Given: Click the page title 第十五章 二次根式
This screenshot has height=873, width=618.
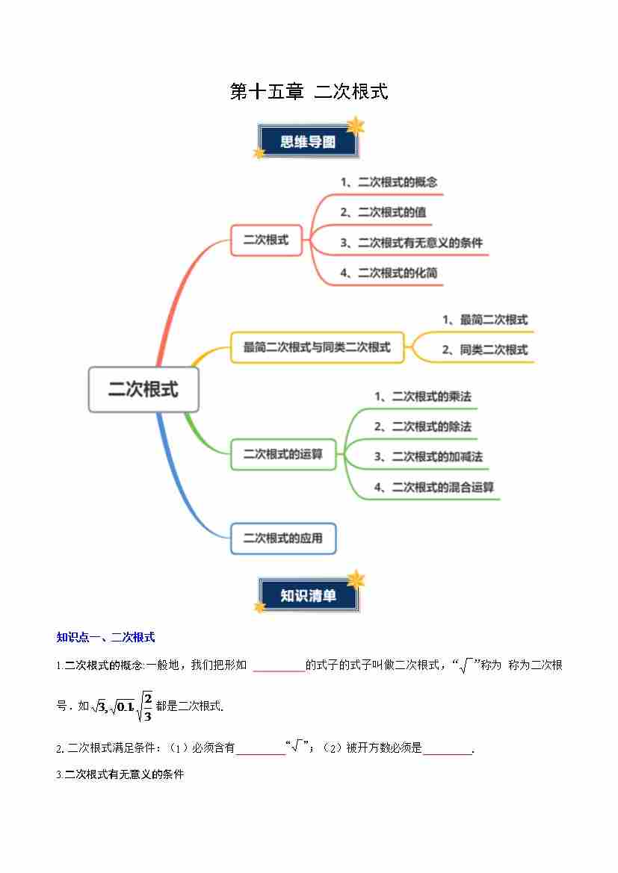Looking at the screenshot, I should pyautogui.click(x=309, y=92).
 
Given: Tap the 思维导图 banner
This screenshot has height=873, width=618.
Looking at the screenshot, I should pyautogui.click(x=308, y=142).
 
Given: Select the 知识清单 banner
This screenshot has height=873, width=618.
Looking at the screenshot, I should pyautogui.click(x=308, y=595).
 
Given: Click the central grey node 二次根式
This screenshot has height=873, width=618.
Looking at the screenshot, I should pyautogui.click(x=143, y=389).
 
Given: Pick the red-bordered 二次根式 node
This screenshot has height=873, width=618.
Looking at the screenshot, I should pyautogui.click(x=266, y=240).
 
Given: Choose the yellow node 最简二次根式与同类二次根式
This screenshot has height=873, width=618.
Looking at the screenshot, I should pyautogui.click(x=317, y=347).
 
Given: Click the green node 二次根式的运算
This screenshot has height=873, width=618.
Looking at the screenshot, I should pyautogui.click(x=283, y=454).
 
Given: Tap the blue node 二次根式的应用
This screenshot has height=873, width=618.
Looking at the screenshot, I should pyautogui.click(x=283, y=538).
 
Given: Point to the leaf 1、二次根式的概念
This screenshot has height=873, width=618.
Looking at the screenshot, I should pyautogui.click(x=389, y=182).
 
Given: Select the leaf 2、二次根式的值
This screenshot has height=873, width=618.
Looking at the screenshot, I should pyautogui.click(x=383, y=212).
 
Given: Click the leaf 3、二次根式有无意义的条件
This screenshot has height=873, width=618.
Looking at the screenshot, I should pyautogui.click(x=411, y=243).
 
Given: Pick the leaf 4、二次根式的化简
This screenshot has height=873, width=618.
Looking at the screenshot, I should pyautogui.click(x=389, y=273).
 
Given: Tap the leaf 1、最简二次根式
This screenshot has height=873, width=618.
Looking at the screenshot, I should pyautogui.click(x=484, y=320).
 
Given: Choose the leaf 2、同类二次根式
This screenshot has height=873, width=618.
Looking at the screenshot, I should pyautogui.click(x=484, y=349).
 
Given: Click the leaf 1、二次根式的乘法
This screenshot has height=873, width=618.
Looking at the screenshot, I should pyautogui.click(x=423, y=397).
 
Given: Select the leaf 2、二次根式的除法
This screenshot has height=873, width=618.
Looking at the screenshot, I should pyautogui.click(x=423, y=426).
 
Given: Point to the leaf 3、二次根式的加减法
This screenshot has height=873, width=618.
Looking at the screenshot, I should pyautogui.click(x=428, y=456).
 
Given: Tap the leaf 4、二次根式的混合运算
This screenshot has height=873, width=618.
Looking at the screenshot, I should pyautogui.click(x=434, y=487).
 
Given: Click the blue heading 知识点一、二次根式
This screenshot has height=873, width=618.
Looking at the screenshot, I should pyautogui.click(x=105, y=637).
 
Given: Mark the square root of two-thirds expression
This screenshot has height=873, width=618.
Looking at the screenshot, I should pyautogui.click(x=145, y=705).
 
